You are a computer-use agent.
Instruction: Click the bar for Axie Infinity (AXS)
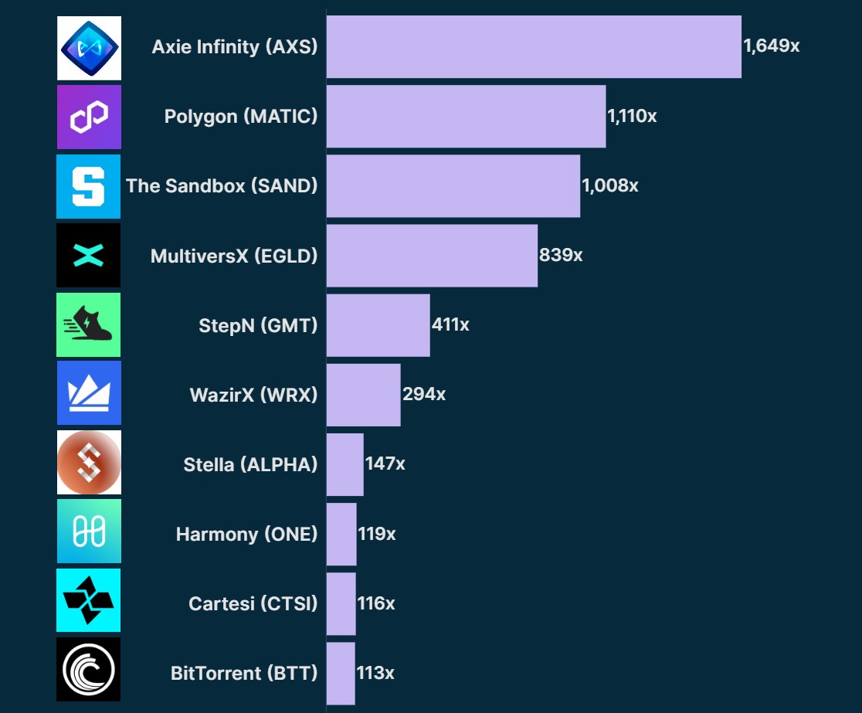(534, 46)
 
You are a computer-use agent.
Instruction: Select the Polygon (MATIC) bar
(466, 117)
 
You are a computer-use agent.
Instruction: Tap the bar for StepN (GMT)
(378, 325)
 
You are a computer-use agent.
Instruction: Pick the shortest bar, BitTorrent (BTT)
(341, 673)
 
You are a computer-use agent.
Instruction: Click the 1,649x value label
(771, 46)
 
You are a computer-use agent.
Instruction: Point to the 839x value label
(561, 255)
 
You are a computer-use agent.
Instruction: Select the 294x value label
(424, 394)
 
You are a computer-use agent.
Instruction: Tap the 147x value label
(385, 464)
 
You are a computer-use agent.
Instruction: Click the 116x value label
(376, 603)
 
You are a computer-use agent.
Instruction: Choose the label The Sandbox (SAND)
(222, 186)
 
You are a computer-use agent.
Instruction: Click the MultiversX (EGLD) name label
(234, 256)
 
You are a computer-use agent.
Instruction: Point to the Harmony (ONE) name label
(246, 534)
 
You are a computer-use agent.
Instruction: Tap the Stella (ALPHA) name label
(250, 464)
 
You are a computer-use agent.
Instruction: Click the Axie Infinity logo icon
(89, 48)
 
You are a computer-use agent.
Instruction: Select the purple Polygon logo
(89, 117)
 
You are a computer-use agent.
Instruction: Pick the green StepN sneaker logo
(89, 325)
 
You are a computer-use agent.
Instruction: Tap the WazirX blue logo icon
(89, 393)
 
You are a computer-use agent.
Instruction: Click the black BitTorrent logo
(89, 669)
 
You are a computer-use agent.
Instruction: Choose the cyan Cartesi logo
(89, 600)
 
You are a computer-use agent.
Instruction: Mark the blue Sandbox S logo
(89, 186)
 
